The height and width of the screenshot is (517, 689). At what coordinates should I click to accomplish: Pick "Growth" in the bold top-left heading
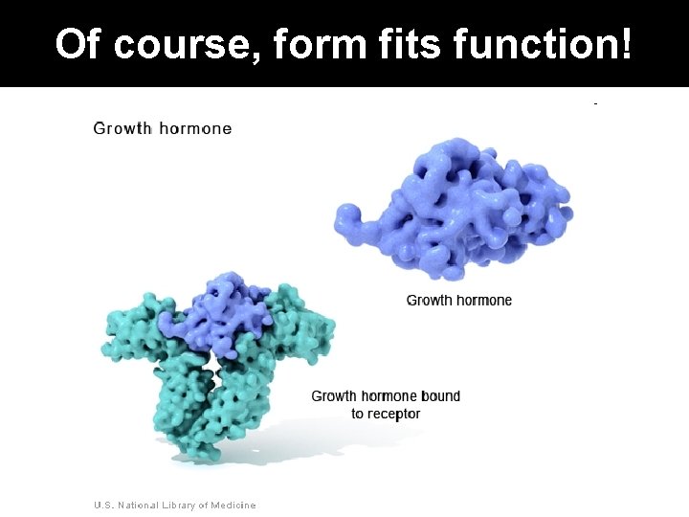122,127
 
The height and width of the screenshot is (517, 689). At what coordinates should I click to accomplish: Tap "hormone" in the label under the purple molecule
483,301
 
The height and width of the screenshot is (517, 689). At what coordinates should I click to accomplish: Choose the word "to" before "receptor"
357,414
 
